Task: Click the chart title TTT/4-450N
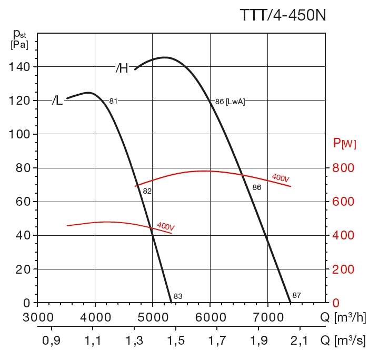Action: click(283, 15)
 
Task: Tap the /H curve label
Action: click(122, 68)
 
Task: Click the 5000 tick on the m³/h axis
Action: click(153, 317)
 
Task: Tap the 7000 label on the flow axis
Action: click(268, 317)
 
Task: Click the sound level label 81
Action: click(113, 101)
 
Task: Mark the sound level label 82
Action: click(147, 191)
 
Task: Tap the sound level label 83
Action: click(178, 296)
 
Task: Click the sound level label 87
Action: click(296, 295)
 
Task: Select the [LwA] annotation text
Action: click(235, 102)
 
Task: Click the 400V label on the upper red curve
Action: click(280, 178)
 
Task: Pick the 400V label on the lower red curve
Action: click(165, 226)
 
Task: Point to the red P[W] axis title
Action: click(344, 143)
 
